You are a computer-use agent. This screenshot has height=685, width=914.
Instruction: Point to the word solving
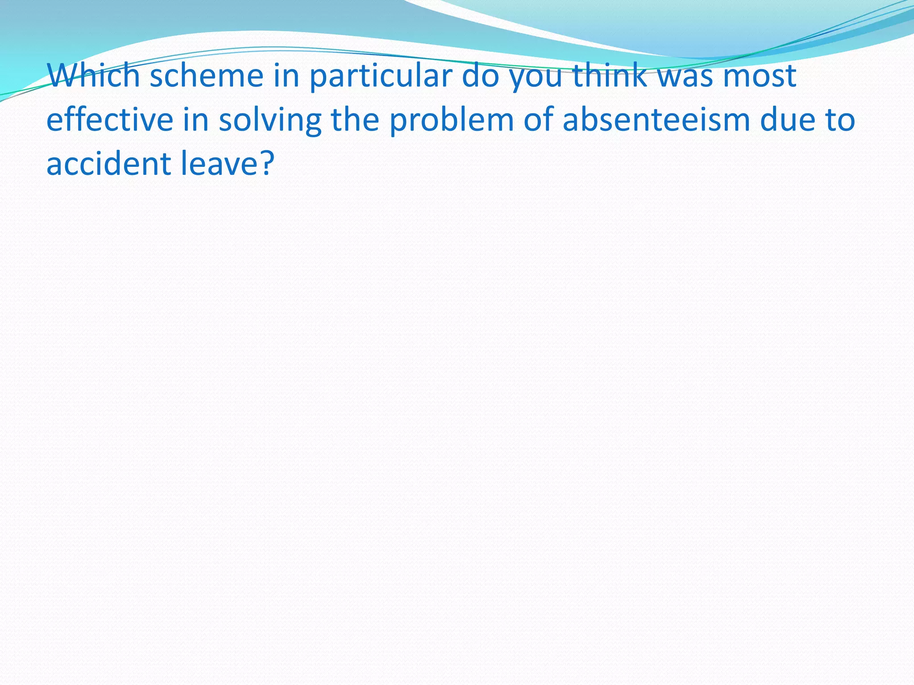click(x=270, y=120)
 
